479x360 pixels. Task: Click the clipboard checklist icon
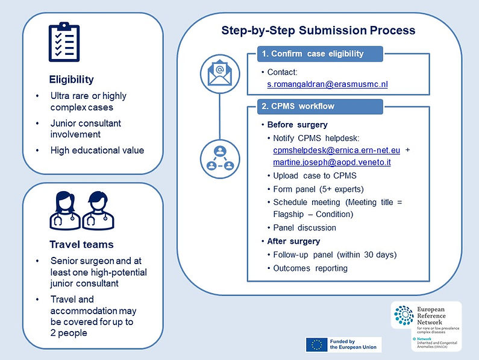pos(64,42)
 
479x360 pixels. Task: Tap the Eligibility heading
pos(72,80)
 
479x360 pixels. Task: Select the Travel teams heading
pos(81,244)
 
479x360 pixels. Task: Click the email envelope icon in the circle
pos(220,74)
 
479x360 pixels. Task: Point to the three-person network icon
pos(220,159)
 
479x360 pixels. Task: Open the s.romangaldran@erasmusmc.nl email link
pos(328,84)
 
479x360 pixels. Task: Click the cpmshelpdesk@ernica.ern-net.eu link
pos(337,150)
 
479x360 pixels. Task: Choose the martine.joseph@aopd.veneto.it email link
pos(332,162)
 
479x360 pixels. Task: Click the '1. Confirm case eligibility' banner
pos(320,54)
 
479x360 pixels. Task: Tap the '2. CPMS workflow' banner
pos(320,107)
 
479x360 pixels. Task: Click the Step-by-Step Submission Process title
pos(318,31)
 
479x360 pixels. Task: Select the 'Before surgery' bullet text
pos(297,125)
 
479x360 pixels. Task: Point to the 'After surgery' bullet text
pos(293,241)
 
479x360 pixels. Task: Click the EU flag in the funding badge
pos(317,344)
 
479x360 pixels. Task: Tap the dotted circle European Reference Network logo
pos(404,315)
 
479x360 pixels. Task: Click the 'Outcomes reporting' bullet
pos(310,268)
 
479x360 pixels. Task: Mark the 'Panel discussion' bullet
pos(304,228)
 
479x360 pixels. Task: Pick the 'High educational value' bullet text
pos(97,150)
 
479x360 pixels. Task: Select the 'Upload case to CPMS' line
pos(315,176)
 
